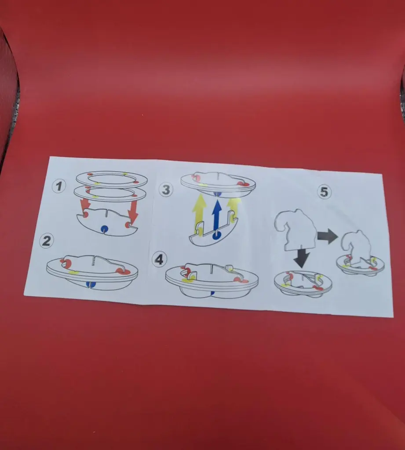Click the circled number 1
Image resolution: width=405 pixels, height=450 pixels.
(59, 186)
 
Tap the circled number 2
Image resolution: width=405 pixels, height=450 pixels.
(47, 241)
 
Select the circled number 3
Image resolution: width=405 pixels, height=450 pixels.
(166, 189)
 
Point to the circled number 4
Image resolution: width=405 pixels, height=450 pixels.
(159, 259)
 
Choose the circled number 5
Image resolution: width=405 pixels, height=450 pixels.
(324, 192)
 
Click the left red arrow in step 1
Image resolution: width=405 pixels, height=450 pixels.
(85, 205)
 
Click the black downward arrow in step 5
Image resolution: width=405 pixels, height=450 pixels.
(301, 258)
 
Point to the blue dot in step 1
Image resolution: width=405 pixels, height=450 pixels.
(104, 229)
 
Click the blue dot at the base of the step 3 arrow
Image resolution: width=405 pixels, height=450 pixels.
(216, 236)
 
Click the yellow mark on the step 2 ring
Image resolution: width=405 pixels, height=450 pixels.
(74, 272)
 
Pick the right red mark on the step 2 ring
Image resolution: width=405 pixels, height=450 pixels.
(120, 271)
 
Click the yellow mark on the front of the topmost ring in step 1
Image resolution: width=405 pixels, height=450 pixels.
(97, 183)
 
